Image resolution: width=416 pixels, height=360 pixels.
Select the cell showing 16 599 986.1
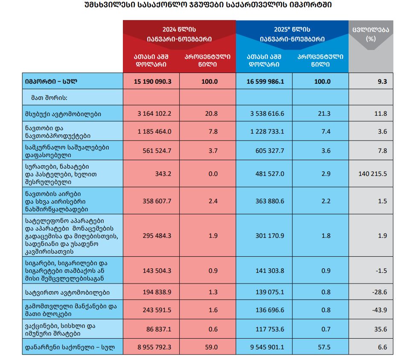tap(265, 81)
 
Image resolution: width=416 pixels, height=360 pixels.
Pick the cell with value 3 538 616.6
tap(265, 114)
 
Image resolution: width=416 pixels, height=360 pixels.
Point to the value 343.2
tap(163, 174)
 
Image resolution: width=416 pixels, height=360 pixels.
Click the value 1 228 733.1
tap(265, 131)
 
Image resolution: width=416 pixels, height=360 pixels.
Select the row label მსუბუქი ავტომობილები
tap(63, 114)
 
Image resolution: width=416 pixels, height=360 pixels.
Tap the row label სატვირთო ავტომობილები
tap(67, 293)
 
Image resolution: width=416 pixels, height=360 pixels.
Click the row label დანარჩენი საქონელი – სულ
tap(70, 347)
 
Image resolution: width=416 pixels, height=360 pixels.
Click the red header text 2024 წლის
tap(179, 30)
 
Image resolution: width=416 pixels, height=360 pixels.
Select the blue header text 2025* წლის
tap(292, 30)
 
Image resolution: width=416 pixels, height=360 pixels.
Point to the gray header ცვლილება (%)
tap(370, 34)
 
